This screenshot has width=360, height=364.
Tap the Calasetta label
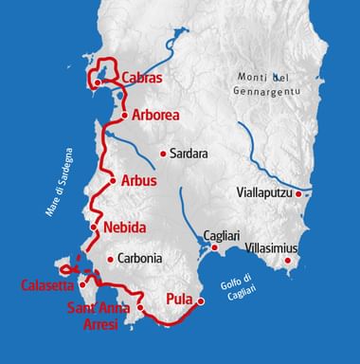click(x=46, y=283)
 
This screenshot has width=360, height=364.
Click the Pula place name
click(x=180, y=300)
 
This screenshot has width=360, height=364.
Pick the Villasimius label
click(x=272, y=247)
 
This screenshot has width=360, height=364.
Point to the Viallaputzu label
click(x=264, y=193)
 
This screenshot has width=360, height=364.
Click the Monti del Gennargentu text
click(x=271, y=84)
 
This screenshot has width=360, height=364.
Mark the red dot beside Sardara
click(x=164, y=153)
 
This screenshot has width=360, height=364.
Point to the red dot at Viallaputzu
click(x=299, y=194)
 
